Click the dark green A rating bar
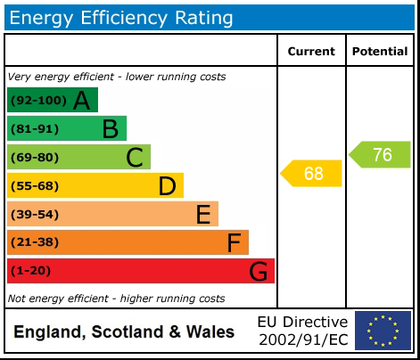(52, 100)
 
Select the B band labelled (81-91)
(67, 128)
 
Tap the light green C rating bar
(78, 157)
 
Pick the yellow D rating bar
(95, 185)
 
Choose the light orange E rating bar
(112, 214)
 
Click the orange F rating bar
(128, 242)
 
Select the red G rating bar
(140, 271)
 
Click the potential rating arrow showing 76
(381, 154)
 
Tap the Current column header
(311, 52)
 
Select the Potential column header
(380, 52)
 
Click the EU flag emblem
(383, 330)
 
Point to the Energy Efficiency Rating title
(122, 17)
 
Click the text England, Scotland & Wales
(124, 332)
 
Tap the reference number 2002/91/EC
(302, 340)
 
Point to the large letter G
(258, 271)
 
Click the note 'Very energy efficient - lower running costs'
(116, 77)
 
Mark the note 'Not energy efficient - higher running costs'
(116, 299)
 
